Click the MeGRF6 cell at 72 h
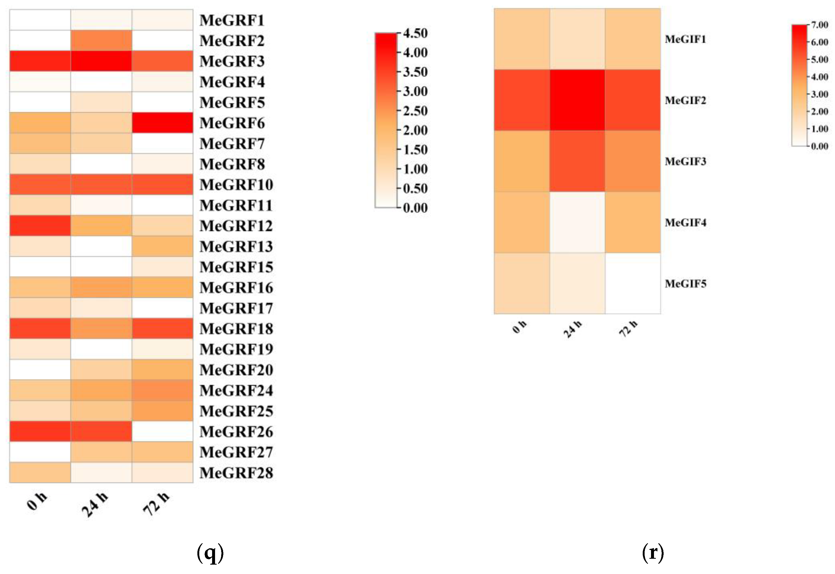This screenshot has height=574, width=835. coord(163,123)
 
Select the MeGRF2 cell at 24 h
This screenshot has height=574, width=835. coord(101,40)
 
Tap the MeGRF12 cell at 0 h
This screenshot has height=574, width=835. coord(40,226)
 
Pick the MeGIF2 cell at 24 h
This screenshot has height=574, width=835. coord(577,100)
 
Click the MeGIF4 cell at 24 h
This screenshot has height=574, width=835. coord(577,222)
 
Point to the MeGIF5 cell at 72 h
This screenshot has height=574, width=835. coord(633,284)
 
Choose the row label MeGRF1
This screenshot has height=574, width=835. coord(232,20)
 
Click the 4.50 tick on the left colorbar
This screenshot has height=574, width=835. coord(415,33)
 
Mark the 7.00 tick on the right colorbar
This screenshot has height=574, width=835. coord(820,25)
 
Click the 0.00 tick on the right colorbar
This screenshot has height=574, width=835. coord(820,146)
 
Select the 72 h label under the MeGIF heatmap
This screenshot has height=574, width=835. coord(628,328)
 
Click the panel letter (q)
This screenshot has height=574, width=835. coord(210,553)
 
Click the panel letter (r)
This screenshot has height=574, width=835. coord(652,552)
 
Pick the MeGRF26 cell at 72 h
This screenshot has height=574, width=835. coord(163,431)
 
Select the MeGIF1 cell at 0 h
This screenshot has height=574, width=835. coord(522,39)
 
